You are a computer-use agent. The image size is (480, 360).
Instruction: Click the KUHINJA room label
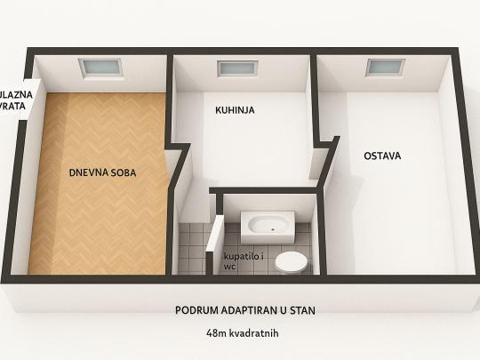pyautogui.click(x=235, y=110)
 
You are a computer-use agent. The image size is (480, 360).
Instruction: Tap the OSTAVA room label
pyautogui.click(x=382, y=156)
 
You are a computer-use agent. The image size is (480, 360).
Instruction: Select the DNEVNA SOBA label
pyautogui.click(x=102, y=172)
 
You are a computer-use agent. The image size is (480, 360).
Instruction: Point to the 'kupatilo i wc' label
pyautogui.click(x=244, y=261)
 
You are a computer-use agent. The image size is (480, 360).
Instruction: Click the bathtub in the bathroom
pyautogui.click(x=268, y=227)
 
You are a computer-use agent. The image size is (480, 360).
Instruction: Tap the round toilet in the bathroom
pyautogui.click(x=291, y=262)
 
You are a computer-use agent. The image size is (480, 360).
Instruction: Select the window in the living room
pyautogui.click(x=100, y=67)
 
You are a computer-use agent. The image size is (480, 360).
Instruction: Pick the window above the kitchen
pyautogui.click(x=238, y=68)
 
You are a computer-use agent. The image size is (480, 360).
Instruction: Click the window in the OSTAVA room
pyautogui.click(x=386, y=67)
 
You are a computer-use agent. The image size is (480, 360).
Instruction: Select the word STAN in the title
pyautogui.click(x=302, y=310)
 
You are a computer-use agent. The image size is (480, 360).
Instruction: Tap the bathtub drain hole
pyautogui.click(x=273, y=228)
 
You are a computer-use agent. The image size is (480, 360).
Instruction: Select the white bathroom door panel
pyautogui.click(x=215, y=234)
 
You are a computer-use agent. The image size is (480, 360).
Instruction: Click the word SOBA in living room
pyautogui.click(x=124, y=172)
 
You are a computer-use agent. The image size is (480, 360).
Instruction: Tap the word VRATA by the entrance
pyautogui.click(x=12, y=106)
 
